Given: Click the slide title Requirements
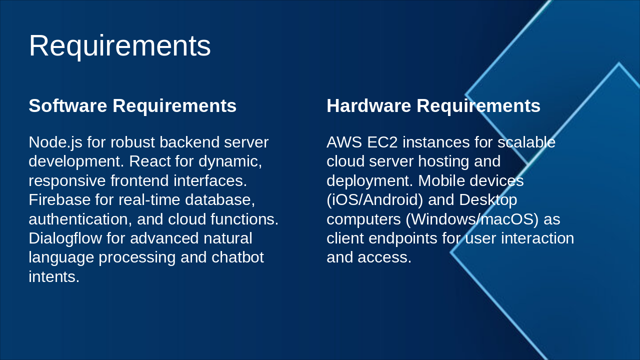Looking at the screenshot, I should pyautogui.click(x=120, y=45).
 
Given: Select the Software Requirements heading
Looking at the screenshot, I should pyautogui.click(x=132, y=106).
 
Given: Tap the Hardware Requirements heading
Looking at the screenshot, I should pyautogui.click(x=433, y=106).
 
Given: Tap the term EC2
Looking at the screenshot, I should pyautogui.click(x=382, y=142).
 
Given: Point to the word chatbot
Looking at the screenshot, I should pyautogui.click(x=237, y=257).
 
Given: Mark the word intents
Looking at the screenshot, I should pyautogui.click(x=54, y=276).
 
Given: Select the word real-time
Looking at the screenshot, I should pyautogui.click(x=149, y=199).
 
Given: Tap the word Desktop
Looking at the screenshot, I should pyautogui.click(x=488, y=199).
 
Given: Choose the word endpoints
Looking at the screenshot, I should pyautogui.click(x=403, y=238).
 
